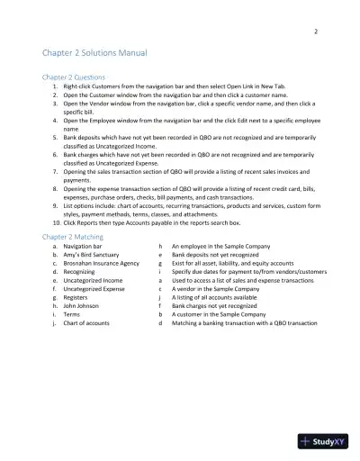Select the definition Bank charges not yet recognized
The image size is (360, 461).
pos(217,305)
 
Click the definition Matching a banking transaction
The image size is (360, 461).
pos(244,322)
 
